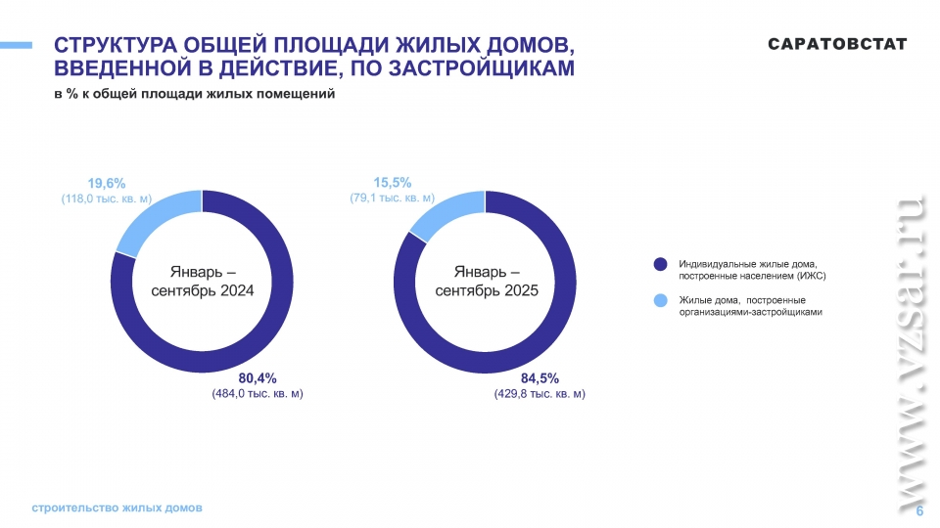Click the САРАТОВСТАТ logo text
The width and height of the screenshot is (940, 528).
(x=837, y=45)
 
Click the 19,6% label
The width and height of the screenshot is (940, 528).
(x=107, y=183)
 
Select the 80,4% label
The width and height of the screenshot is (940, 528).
(x=258, y=377)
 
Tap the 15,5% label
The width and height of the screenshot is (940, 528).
(x=392, y=182)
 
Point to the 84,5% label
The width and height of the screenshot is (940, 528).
(x=540, y=377)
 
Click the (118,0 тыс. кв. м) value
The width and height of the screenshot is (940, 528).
(x=106, y=198)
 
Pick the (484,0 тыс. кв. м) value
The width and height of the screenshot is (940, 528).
(x=258, y=394)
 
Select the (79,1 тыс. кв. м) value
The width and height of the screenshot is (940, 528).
(x=392, y=198)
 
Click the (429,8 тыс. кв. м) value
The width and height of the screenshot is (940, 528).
(x=540, y=394)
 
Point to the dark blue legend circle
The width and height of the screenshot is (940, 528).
(x=661, y=264)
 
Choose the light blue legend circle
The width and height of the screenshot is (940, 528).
(x=661, y=300)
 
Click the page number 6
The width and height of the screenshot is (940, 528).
(x=919, y=511)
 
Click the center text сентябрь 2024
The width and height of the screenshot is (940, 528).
(x=202, y=291)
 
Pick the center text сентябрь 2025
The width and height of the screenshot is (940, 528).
(x=487, y=291)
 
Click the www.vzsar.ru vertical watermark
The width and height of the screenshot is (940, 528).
(x=910, y=352)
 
